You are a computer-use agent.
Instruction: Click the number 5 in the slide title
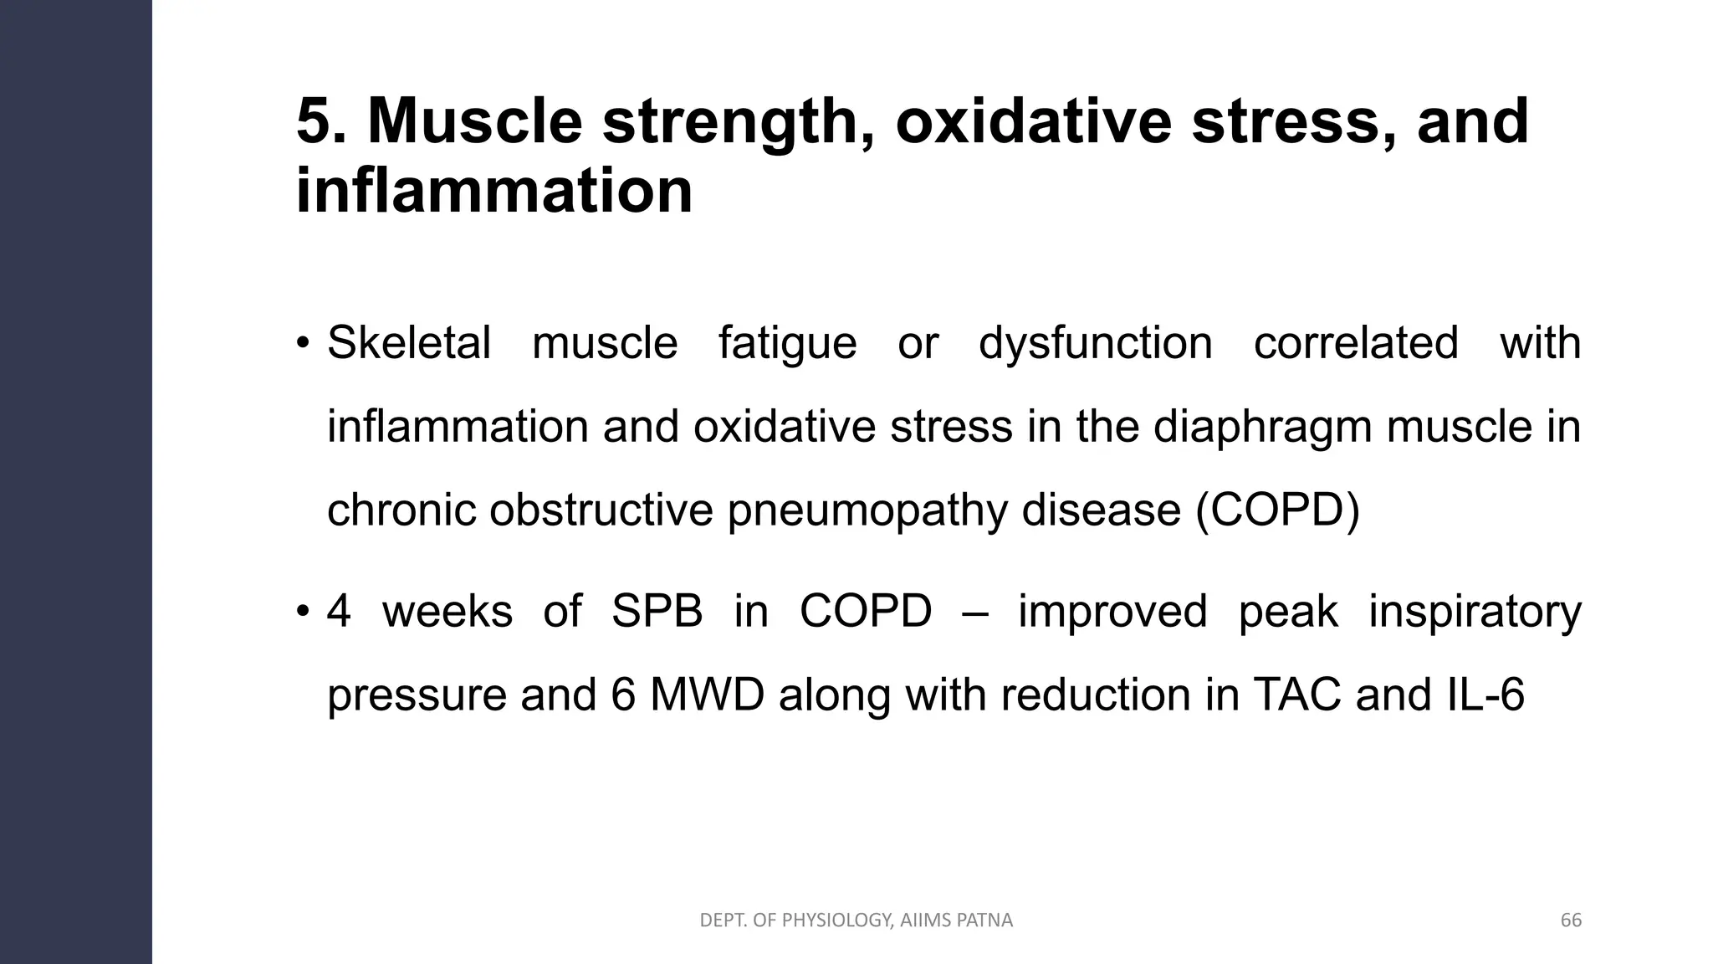click(314, 122)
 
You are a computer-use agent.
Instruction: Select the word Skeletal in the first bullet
click(408, 343)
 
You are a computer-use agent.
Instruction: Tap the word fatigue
click(787, 343)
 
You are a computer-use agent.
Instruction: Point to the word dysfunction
click(1095, 343)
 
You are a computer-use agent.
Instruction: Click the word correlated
click(1355, 343)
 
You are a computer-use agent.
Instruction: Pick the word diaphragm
click(1264, 427)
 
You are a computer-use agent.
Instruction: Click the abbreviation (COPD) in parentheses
click(1277, 510)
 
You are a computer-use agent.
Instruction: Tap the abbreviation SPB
click(657, 611)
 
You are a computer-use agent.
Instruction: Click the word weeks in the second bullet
click(447, 611)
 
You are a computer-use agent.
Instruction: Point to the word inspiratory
click(1475, 611)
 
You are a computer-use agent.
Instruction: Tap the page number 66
click(1571, 920)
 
